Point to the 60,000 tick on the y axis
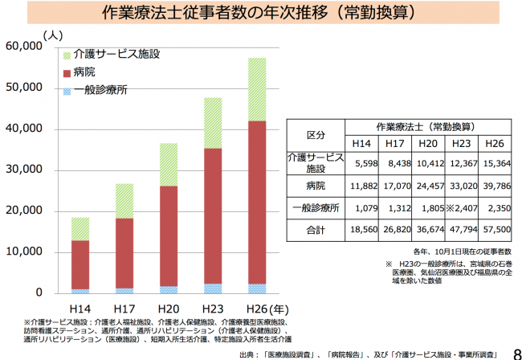tap(23, 47)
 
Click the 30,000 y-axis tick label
tap(23, 170)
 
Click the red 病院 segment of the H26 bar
tap(257, 201)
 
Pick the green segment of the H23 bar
tap(213, 122)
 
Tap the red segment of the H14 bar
tap(80, 264)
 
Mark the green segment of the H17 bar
tap(124, 201)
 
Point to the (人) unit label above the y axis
tap(52, 35)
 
